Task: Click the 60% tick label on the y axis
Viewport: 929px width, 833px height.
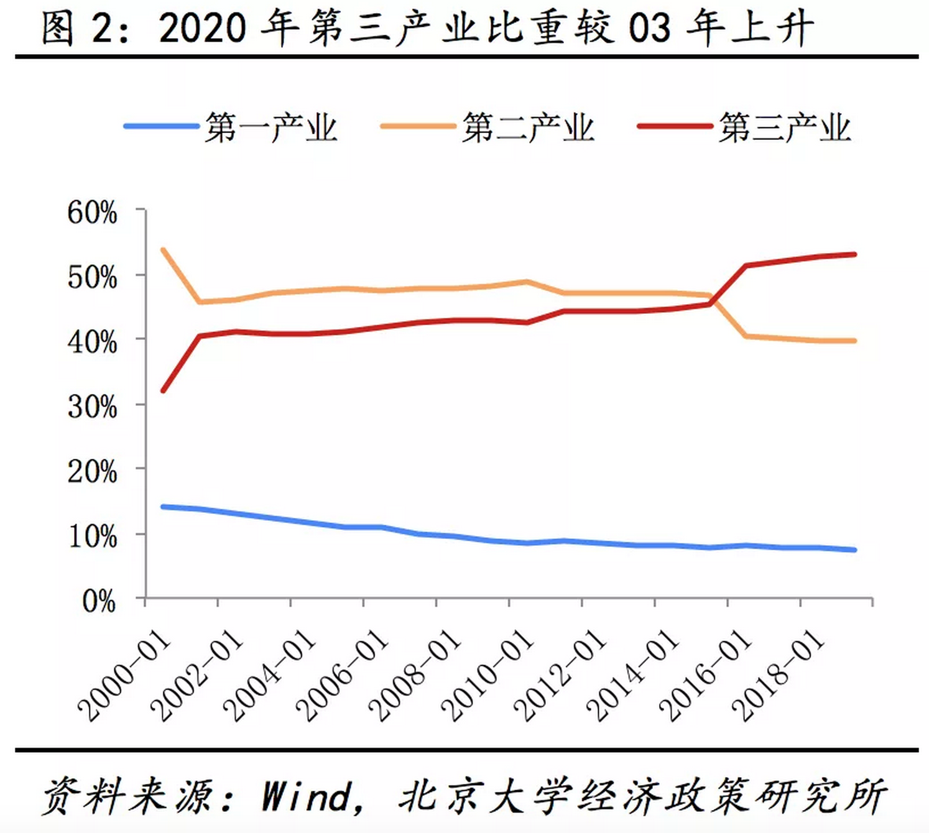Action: (x=92, y=213)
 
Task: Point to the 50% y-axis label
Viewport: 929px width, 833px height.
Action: (x=92, y=278)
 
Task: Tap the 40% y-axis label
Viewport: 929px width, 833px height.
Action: (x=92, y=343)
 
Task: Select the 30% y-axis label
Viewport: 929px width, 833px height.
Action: (x=92, y=408)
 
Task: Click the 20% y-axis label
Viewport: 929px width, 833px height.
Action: (x=92, y=472)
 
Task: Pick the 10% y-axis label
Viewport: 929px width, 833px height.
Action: (x=92, y=537)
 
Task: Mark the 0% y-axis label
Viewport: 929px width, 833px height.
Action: (x=98, y=602)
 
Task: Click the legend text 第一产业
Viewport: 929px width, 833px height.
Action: (x=270, y=128)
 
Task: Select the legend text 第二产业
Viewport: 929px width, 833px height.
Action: (x=527, y=128)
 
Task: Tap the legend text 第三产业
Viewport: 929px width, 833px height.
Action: (x=784, y=128)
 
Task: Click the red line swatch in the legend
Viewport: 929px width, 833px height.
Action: (x=674, y=126)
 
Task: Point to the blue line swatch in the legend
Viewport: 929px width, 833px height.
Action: (x=160, y=126)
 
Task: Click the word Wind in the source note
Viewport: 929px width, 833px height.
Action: (x=307, y=796)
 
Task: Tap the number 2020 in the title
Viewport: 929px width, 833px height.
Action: (x=202, y=29)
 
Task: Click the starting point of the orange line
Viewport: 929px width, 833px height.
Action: (x=163, y=250)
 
